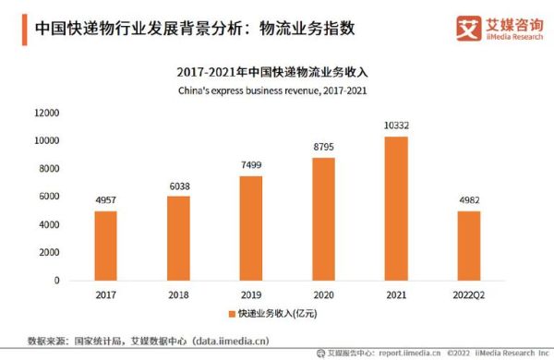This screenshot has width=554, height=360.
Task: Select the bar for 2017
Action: (x=105, y=246)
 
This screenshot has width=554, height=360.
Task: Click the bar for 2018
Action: (x=178, y=238)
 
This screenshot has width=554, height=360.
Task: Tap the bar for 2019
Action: (x=251, y=228)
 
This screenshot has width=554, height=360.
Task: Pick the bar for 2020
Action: (x=324, y=219)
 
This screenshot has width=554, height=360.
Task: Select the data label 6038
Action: (x=178, y=186)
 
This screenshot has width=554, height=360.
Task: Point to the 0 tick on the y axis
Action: (x=57, y=281)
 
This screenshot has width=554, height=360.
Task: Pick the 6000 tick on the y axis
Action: (x=50, y=197)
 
